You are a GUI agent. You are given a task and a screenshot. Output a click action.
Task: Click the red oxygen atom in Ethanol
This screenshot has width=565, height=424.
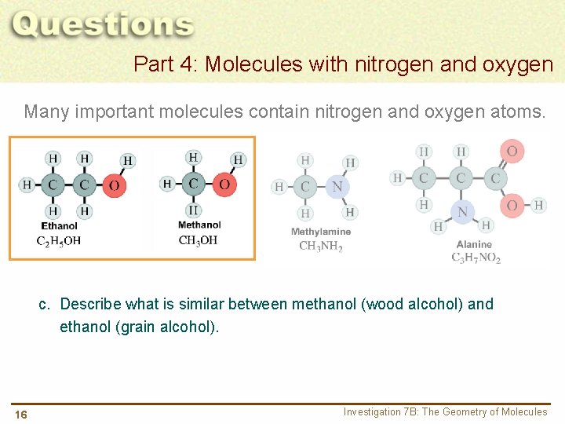tap(115, 185)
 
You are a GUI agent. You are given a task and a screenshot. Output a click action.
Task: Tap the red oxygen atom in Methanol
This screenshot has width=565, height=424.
tap(224, 185)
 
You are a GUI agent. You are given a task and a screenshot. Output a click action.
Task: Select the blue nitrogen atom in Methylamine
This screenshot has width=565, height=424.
tap(337, 187)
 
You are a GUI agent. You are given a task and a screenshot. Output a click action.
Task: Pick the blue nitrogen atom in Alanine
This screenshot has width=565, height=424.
tap(462, 210)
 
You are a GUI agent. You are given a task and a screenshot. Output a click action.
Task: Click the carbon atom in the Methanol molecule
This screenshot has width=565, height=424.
tap(194, 185)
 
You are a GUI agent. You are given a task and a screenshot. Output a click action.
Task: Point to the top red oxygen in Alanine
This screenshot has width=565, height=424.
tap(512, 151)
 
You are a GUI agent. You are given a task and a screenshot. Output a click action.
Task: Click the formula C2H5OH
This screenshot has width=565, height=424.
tap(59, 241)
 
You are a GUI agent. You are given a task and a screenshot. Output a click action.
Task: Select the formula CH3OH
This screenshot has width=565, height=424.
tap(198, 240)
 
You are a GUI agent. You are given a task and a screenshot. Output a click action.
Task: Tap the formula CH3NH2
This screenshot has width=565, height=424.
tap(320, 246)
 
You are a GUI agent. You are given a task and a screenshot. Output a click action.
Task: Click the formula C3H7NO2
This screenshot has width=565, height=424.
tap(476, 258)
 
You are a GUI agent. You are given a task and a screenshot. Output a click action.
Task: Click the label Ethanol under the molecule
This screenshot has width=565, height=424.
tap(60, 226)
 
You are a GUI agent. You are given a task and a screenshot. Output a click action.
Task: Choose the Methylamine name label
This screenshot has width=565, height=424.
tap(320, 232)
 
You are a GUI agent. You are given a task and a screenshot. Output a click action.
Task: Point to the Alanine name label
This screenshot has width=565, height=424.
tap(474, 244)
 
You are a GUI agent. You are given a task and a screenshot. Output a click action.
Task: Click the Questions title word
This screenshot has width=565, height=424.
tap(103, 25)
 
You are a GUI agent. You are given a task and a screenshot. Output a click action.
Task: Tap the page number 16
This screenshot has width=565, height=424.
tap(20, 415)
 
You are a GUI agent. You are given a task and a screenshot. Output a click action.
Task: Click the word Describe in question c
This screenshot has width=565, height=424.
tap(89, 304)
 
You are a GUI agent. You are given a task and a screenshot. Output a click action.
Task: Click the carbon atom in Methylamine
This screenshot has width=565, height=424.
tap(306, 187)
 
